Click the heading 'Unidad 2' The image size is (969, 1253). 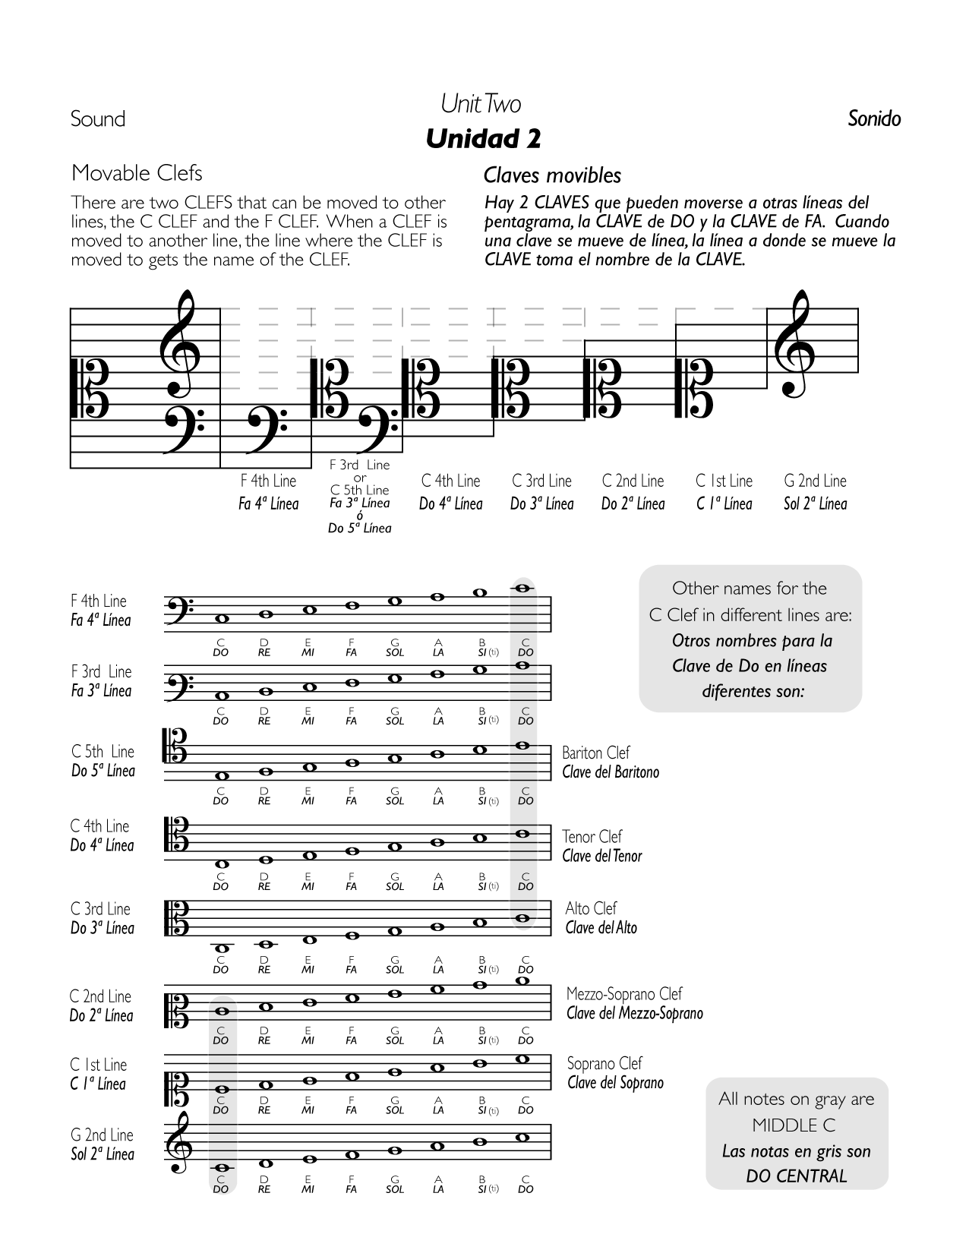pos(484,138)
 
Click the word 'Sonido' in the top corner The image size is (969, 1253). pos(874,118)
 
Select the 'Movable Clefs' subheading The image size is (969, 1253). pos(137,173)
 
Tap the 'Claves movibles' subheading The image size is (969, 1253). pos(552,175)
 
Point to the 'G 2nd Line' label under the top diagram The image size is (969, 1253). pos(815,481)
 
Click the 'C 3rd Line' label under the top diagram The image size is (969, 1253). pos(541,481)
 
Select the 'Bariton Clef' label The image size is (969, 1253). pos(596,753)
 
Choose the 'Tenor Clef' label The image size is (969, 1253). pos(592,836)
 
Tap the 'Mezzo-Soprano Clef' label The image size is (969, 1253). pos(624,993)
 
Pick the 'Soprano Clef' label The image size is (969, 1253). pos(604,1063)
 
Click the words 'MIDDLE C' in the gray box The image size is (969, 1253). pos(795,1125)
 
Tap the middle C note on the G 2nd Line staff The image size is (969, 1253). pos(222,1168)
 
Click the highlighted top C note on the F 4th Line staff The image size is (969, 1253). pos(522,588)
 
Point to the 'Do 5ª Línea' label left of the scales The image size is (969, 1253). pos(103,771)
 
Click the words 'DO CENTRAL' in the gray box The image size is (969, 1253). pos(796,1176)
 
